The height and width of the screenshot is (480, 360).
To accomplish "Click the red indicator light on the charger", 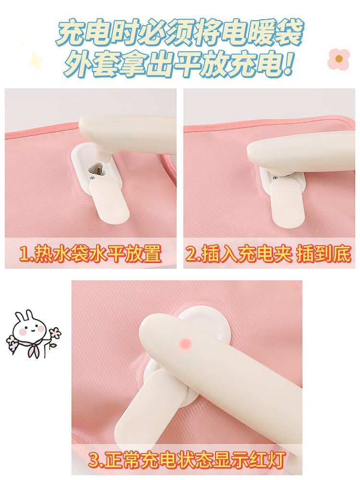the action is pyautogui.click(x=185, y=344).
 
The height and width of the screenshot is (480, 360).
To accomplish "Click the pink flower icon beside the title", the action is pyautogui.click(x=338, y=59).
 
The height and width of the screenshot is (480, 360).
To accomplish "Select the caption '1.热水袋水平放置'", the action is pyautogui.click(x=91, y=254).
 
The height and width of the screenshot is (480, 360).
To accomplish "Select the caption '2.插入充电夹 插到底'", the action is pyautogui.click(x=268, y=254).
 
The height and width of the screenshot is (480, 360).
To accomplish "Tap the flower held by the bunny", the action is pyautogui.click(x=55, y=333).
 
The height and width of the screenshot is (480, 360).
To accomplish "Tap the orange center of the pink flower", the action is pyautogui.click(x=339, y=59).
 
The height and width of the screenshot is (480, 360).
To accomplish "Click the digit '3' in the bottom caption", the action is pyautogui.click(x=94, y=459).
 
